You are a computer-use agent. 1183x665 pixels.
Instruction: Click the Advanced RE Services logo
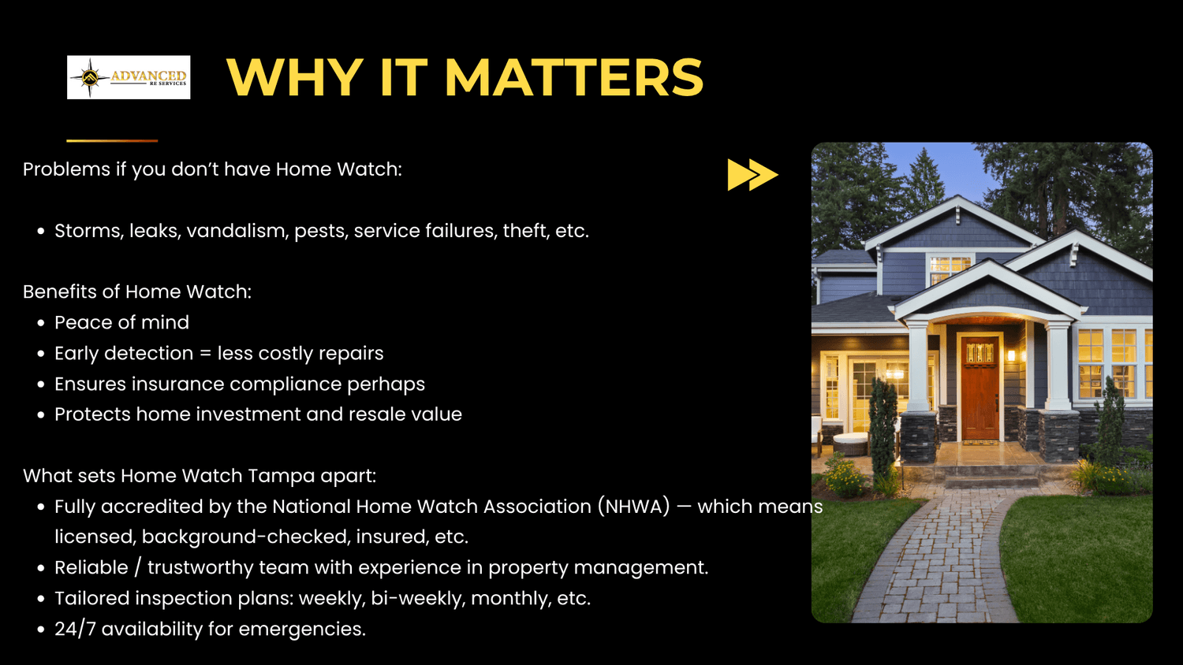[129, 77]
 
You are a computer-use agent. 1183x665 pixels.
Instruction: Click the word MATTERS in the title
[574, 77]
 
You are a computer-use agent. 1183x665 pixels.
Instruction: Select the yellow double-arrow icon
[752, 175]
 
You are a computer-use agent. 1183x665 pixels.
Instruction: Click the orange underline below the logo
[112, 141]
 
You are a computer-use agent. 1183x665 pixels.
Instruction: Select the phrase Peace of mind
[121, 322]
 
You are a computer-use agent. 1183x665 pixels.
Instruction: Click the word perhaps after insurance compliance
[386, 385]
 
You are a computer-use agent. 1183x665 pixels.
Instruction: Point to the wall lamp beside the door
[1011, 355]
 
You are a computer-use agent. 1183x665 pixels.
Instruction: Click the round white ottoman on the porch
[849, 441]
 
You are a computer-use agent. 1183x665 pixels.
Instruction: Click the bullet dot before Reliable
[41, 568]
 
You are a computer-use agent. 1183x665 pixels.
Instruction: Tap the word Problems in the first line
[66, 169]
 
